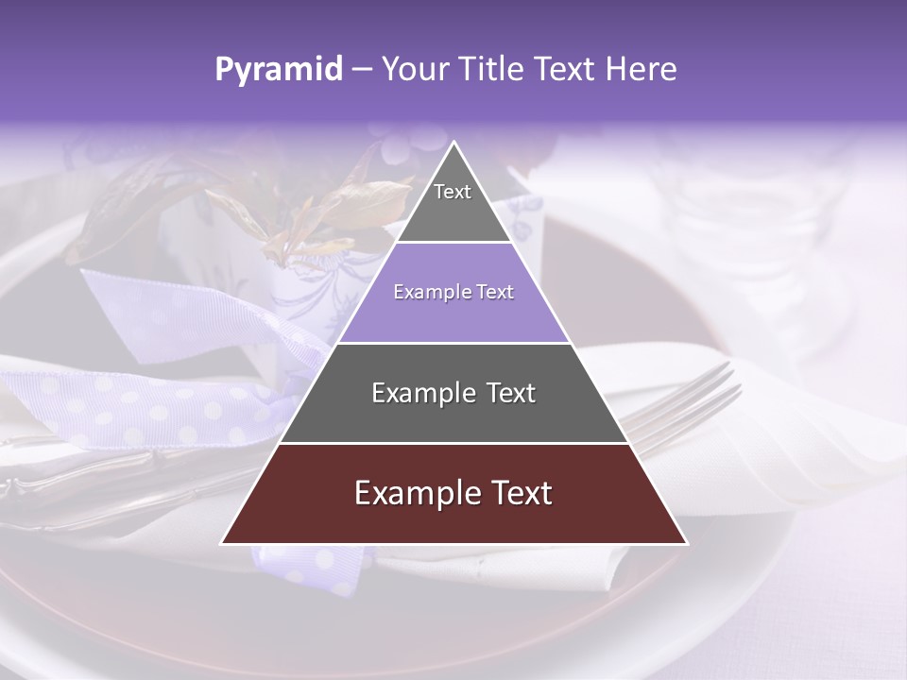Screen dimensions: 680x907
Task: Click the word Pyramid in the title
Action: (x=278, y=70)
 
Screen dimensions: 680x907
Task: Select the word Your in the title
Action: (x=413, y=70)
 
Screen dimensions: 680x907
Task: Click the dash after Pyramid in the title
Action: (x=361, y=70)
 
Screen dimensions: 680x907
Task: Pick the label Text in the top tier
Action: (x=453, y=192)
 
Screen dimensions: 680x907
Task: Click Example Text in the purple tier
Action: (x=453, y=293)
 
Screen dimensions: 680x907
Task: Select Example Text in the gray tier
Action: (x=453, y=393)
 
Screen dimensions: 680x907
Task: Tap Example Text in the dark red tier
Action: (x=453, y=493)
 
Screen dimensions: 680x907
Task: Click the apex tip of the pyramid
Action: (x=454, y=143)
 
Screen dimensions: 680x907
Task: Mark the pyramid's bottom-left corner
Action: (x=223, y=543)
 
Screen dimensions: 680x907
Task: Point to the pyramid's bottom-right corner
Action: (x=686, y=543)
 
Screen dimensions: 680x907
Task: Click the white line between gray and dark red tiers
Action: (x=453, y=443)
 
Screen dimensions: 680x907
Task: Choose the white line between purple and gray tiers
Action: (x=453, y=343)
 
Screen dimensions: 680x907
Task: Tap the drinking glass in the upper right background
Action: (x=756, y=217)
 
